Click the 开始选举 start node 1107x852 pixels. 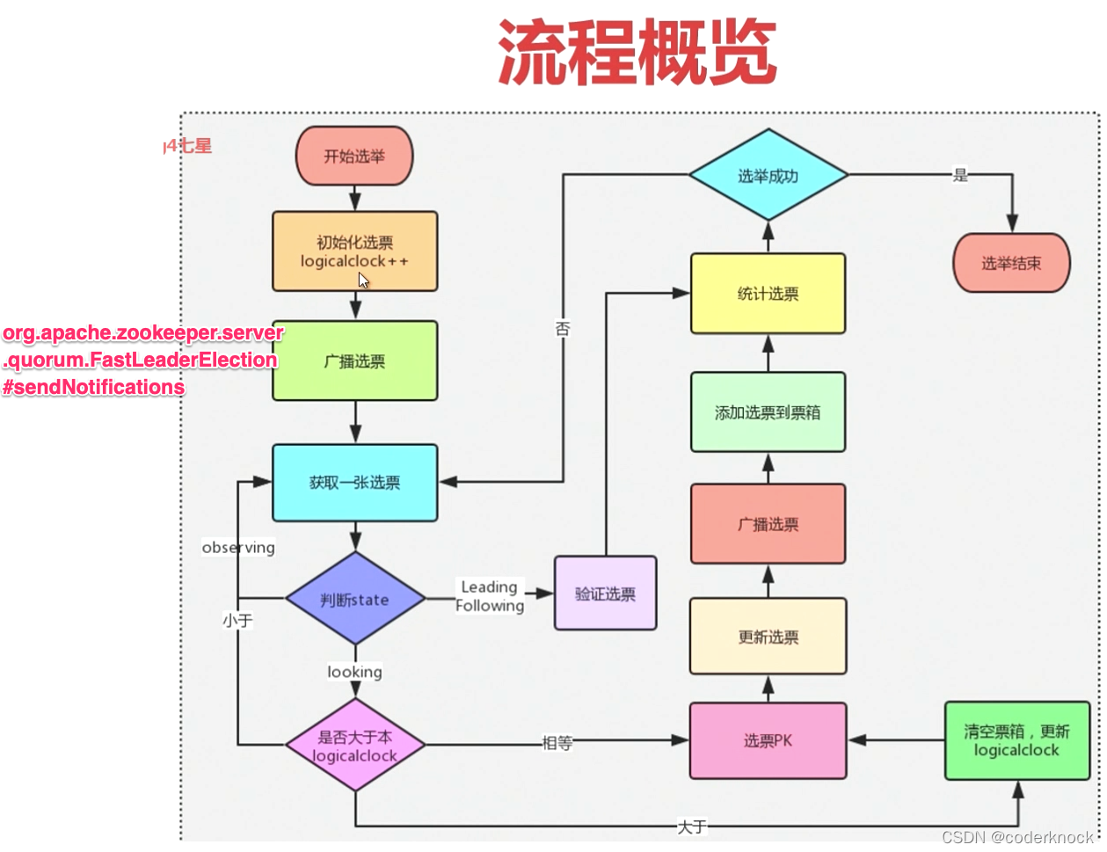point(354,157)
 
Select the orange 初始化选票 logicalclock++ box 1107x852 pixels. point(354,251)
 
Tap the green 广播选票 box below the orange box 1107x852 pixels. point(354,360)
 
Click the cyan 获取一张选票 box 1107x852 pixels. point(354,483)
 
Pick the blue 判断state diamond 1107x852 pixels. point(355,600)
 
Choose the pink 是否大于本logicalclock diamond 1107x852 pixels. point(355,746)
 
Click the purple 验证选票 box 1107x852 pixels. point(605,593)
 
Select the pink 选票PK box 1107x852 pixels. point(768,741)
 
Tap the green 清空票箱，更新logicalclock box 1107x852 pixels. point(1016,740)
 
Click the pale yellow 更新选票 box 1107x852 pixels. point(768,637)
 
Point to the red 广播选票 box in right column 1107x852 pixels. point(768,524)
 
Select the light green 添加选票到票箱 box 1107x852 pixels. point(768,412)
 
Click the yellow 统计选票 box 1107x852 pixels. point(768,294)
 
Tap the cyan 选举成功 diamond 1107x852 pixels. point(768,176)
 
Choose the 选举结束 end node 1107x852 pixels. point(1011,263)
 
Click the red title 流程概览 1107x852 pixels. point(637,53)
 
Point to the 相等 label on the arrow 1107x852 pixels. point(557,743)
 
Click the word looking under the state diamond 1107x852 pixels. point(354,672)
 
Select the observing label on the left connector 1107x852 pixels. point(238,547)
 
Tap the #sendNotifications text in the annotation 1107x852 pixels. point(93,387)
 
